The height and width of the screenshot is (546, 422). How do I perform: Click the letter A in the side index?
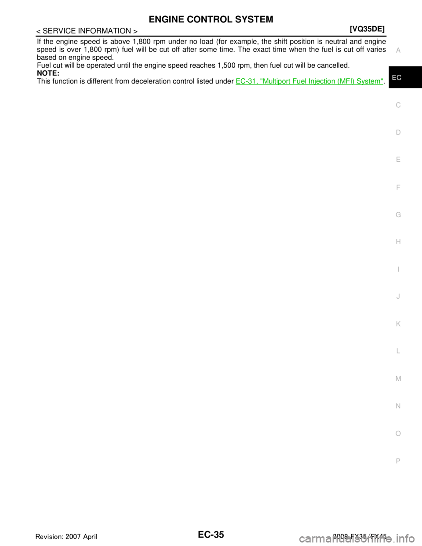(398, 51)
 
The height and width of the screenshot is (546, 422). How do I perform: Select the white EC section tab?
(397, 78)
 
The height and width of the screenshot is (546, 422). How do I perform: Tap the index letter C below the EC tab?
(398, 105)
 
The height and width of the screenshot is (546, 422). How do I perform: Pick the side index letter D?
(398, 132)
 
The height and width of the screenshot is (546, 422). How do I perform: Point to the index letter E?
(398, 160)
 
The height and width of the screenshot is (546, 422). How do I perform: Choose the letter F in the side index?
(398, 187)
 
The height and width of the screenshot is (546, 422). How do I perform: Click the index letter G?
(398, 215)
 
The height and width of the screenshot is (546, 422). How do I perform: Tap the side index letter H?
(398, 242)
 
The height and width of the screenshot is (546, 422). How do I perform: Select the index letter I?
(398, 269)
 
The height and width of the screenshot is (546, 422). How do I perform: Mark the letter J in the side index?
(398, 297)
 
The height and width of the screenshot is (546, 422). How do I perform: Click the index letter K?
(398, 324)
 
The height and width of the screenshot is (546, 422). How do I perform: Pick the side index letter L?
(398, 351)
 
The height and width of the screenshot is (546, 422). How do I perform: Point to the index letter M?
(398, 379)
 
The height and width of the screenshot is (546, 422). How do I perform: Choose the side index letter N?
(398, 406)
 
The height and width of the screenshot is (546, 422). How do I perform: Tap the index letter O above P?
(398, 433)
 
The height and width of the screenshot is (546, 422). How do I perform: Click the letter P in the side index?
(398, 461)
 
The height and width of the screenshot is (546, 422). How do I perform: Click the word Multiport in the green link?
(280, 81)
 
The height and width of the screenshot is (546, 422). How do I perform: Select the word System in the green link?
(370, 81)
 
